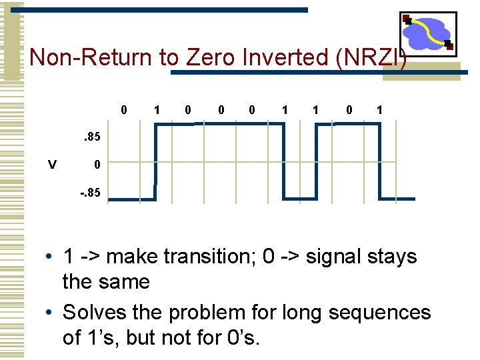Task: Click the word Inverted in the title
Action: pos(291,58)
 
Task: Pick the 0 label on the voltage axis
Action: pos(97,165)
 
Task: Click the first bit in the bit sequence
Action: pos(124,109)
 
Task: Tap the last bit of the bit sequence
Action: pos(379,109)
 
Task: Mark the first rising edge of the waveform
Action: pos(155,162)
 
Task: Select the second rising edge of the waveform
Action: pos(316,162)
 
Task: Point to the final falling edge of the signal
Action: pos(380,162)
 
